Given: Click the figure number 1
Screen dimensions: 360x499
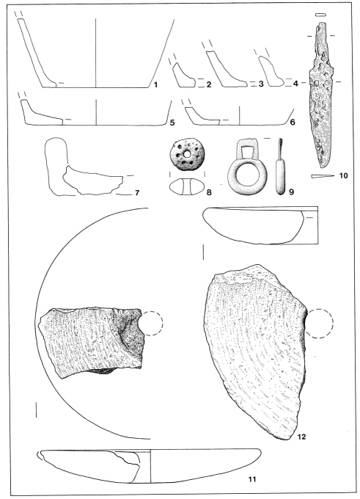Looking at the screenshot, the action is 156,84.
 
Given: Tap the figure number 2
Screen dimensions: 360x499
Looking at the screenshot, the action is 209,84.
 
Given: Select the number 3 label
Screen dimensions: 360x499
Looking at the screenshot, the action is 261,84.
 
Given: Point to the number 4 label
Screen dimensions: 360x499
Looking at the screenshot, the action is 295,84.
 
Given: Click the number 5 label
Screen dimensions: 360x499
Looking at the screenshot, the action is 172,123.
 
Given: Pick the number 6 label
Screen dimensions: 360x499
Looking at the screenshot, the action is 293,123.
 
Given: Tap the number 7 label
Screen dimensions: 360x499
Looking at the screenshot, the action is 137,193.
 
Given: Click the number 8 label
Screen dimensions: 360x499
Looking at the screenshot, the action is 209,192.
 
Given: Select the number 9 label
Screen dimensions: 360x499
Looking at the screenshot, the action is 291,192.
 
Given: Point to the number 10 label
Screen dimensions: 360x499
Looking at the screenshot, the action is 343,175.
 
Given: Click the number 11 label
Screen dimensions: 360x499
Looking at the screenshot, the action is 252,479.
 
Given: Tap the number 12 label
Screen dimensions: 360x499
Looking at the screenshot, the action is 301,437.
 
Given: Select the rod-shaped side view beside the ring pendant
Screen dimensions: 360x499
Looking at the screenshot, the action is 280,167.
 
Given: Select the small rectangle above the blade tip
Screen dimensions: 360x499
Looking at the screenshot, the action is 320,15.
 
